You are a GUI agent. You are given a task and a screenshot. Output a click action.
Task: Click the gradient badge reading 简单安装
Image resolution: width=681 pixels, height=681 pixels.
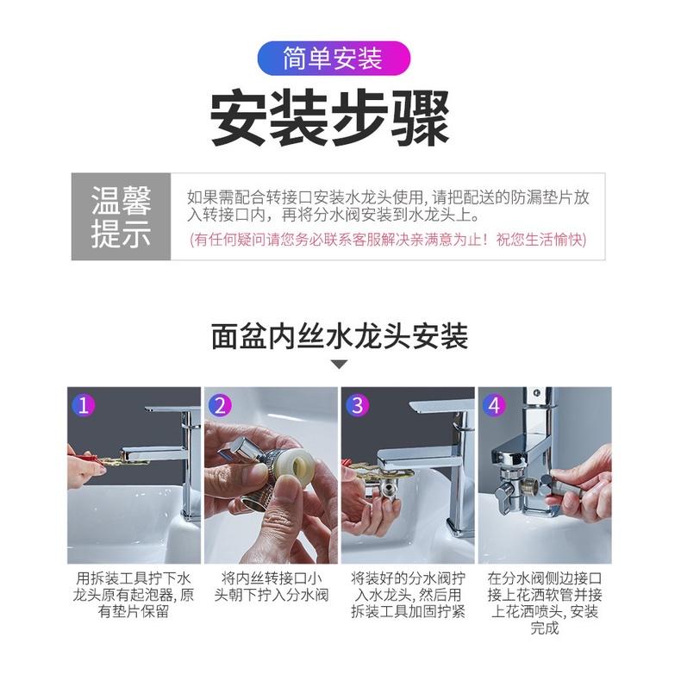point(333,59)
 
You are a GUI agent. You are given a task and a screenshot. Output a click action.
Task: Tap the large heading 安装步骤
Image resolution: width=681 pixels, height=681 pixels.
point(331,119)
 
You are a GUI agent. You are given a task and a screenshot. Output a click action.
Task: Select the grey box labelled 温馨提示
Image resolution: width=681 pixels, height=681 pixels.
point(121,216)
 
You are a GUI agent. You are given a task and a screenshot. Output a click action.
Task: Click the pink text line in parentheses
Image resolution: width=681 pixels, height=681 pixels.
point(388,239)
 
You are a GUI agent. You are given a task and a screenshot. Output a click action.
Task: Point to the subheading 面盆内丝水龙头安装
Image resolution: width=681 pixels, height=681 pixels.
point(340,335)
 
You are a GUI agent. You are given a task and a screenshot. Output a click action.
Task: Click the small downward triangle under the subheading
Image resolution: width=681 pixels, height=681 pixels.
point(340,365)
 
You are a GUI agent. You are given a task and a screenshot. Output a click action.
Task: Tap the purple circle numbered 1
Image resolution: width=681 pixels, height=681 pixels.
point(84,404)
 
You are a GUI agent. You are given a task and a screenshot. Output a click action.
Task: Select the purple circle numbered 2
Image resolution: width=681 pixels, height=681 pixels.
point(222,404)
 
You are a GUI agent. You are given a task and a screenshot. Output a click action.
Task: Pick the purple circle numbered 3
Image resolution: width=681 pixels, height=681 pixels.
point(358,404)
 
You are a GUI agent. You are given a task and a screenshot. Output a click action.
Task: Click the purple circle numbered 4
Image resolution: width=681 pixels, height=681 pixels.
point(494,404)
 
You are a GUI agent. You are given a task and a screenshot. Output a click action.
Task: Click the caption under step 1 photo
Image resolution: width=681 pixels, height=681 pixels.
point(134,594)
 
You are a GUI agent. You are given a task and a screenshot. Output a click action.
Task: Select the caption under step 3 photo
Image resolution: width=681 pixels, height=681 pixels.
point(407,594)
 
